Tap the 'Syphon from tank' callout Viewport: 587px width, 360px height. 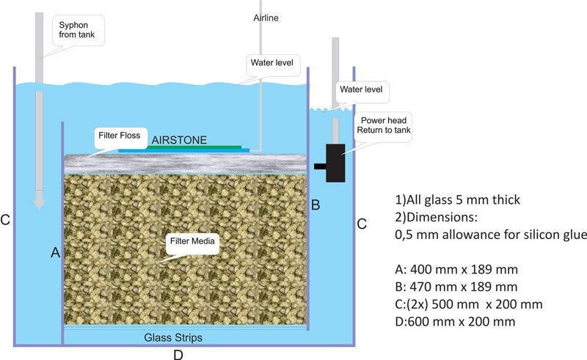[77, 30]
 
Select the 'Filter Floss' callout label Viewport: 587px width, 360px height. [120, 136]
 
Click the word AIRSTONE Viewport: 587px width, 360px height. [179, 140]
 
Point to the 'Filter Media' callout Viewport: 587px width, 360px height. [192, 241]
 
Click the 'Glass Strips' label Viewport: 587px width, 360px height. [173, 337]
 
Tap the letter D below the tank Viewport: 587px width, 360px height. [178, 355]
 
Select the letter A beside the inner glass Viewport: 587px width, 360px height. [56, 253]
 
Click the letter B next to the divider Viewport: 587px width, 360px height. [316, 205]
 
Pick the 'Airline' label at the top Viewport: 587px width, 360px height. [266, 18]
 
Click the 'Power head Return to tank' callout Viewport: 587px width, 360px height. [383, 125]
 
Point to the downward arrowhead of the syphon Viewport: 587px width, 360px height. [39, 201]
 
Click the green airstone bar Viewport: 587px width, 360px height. [194, 147]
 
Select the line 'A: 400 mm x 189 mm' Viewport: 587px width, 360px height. [456, 269]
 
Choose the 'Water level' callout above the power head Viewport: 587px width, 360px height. [361, 89]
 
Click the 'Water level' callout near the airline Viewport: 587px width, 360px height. [271, 62]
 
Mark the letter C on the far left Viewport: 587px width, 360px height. [5, 220]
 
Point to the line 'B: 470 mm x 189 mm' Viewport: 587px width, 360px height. [456, 287]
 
